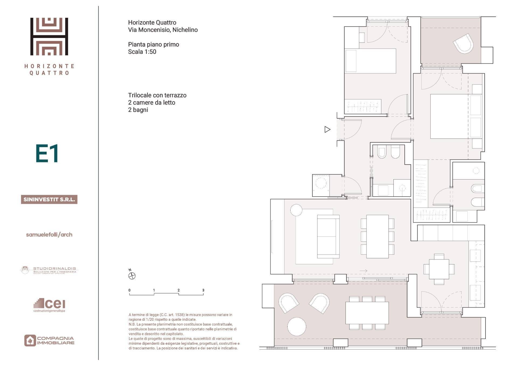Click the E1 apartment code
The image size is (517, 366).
[47, 153]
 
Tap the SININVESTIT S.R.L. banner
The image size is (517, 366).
[49, 199]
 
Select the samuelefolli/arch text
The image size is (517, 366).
[49, 234]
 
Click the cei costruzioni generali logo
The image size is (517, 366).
[50, 305]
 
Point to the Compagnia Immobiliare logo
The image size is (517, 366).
[49, 340]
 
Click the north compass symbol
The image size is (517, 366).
[132, 276]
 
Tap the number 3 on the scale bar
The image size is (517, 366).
[203, 290]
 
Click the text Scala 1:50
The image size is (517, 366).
[142, 52]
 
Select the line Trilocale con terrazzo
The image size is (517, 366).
[157, 95]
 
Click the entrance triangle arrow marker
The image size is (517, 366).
[327, 129]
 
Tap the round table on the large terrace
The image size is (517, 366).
[296, 326]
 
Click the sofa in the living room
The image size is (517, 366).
[328, 236]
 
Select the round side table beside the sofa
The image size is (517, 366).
[296, 210]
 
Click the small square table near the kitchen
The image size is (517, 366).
[439, 269]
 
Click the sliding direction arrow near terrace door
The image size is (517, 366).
[364, 271]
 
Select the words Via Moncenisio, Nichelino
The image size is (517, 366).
[163, 30]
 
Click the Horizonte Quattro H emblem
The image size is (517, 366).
[49, 36]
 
